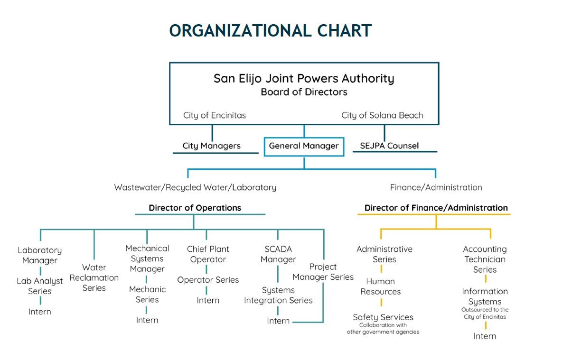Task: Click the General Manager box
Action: click(304, 146)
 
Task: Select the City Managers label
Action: click(212, 146)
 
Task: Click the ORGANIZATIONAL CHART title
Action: click(270, 31)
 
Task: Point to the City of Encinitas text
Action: click(215, 115)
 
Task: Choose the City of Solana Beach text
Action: click(382, 115)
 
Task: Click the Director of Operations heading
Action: click(195, 208)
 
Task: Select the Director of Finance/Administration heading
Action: click(436, 208)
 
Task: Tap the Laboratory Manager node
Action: click(40, 255)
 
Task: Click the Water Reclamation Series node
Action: click(94, 277)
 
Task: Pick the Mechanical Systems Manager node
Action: click(147, 258)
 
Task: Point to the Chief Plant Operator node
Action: click(208, 254)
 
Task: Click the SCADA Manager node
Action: click(278, 254)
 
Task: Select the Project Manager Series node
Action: click(323, 272)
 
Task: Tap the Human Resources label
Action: click(381, 286)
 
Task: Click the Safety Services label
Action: click(383, 317)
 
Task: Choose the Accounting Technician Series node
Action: click(485, 259)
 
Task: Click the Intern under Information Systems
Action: click(485, 336)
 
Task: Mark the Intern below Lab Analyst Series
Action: click(40, 312)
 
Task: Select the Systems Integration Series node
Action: click(278, 295)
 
